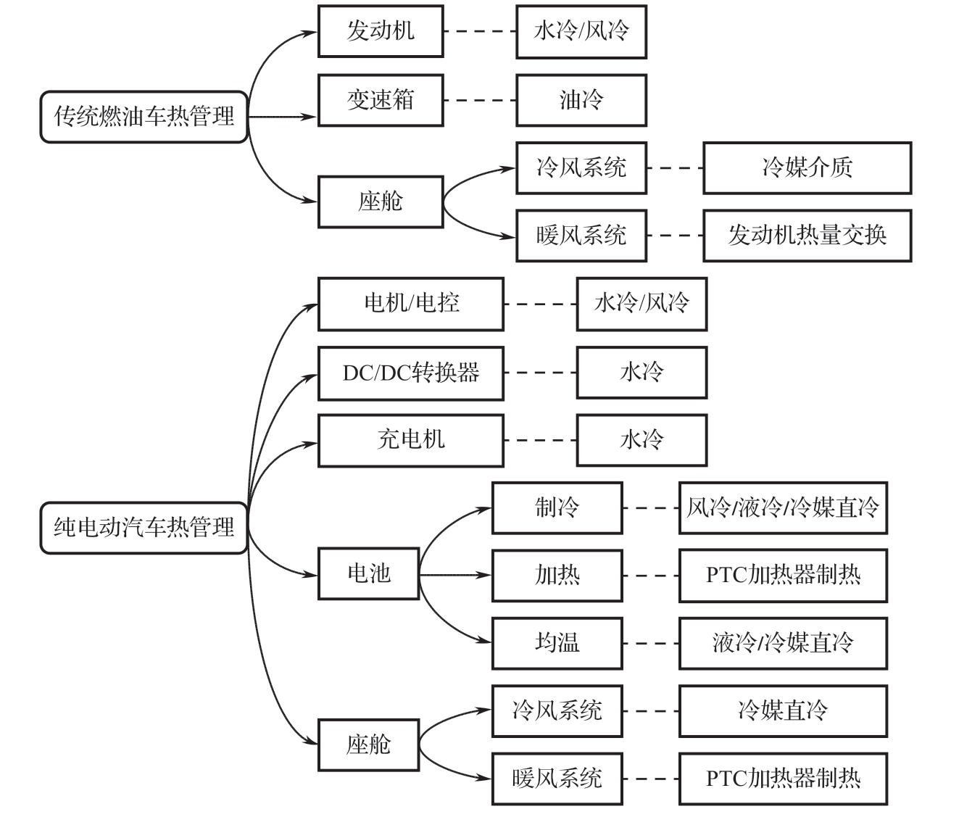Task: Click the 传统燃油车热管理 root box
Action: pos(144,117)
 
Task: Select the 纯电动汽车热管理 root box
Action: pos(144,527)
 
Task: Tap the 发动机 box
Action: pos(381,31)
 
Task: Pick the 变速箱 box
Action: pos(381,100)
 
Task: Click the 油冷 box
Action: pos(581,100)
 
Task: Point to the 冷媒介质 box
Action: pos(807,168)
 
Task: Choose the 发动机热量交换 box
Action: pos(807,236)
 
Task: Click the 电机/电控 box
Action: pos(411,304)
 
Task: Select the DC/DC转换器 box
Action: pos(411,373)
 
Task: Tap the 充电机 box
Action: pos(411,440)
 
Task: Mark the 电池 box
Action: pos(368,574)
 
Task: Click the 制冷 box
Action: pos(557,507)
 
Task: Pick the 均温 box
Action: pos(557,643)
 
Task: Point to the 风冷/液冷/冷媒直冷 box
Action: pos(783,507)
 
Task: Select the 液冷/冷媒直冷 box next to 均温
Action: pos(783,643)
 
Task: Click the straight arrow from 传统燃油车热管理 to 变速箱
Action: pos(283,117)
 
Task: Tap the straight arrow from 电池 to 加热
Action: pos(455,575)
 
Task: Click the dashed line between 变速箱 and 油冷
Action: pos(479,100)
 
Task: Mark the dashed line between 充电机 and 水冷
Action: pos(540,440)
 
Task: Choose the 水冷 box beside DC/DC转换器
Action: pos(641,373)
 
